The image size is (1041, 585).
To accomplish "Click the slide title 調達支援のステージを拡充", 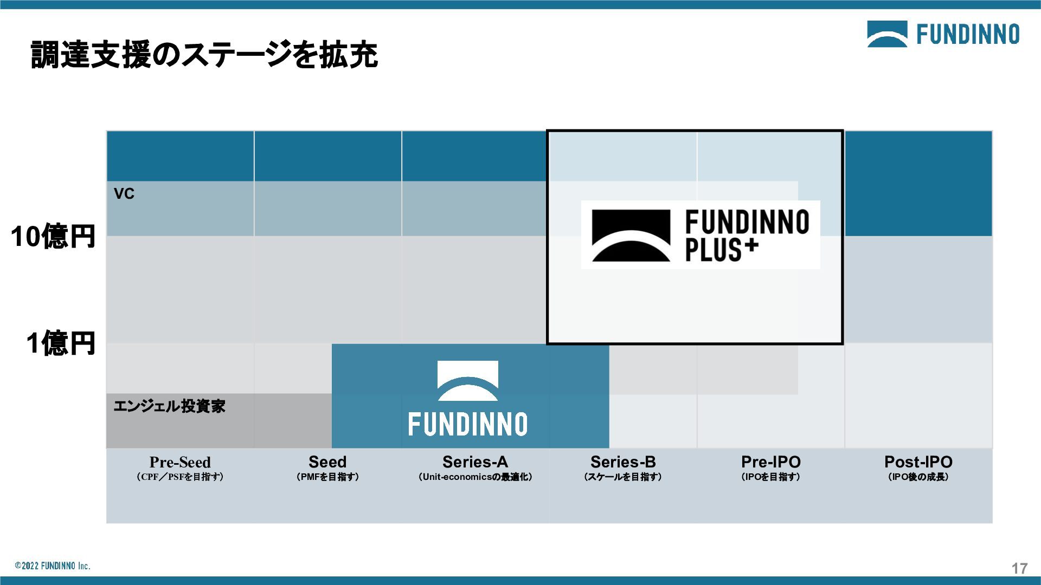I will tap(204, 55).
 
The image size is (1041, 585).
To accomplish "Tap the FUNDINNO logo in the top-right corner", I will tap(943, 34).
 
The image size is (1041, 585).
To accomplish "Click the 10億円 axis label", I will tap(53, 237).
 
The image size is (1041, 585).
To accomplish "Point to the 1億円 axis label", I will tap(61, 343).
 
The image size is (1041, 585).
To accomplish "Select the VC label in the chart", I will tap(124, 194).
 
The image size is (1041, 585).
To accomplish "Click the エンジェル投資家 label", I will tap(169, 406).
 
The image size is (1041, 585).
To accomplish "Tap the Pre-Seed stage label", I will tap(180, 462).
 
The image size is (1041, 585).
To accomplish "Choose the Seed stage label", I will tap(327, 462).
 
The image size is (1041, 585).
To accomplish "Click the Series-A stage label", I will tap(475, 462).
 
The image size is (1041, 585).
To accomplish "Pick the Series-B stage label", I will tap(623, 462).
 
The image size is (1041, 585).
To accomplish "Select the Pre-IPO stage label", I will tap(770, 462).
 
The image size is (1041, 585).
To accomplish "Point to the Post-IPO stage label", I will tap(918, 462).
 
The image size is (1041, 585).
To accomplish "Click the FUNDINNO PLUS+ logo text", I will tap(747, 236).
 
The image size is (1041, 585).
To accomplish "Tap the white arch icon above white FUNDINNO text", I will tap(467, 380).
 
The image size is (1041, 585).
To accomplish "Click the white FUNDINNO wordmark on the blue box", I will tap(467, 424).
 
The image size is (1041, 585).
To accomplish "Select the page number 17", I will tap(1019, 568).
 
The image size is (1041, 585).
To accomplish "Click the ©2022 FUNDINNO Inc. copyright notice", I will tap(53, 566).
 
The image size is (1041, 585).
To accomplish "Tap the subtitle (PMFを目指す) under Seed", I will tap(327, 477).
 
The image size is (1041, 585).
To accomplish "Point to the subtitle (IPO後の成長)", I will tap(918, 477).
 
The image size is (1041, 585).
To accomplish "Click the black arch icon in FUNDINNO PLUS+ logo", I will tap(631, 236).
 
